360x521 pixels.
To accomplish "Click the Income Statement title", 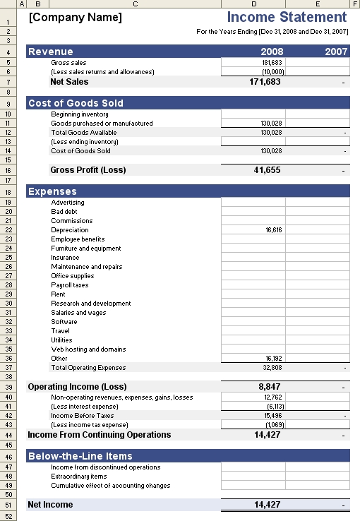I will click(x=287, y=17).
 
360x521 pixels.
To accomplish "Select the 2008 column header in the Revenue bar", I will click(x=272, y=52).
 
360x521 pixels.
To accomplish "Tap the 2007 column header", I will click(x=336, y=52).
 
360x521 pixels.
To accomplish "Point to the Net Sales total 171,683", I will click(x=266, y=82).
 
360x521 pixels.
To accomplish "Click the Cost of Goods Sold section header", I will click(x=76, y=103).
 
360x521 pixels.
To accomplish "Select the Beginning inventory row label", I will click(x=80, y=114).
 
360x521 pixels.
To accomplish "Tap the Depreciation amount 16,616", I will click(x=272, y=230).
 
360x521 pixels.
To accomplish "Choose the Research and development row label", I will click(x=91, y=304).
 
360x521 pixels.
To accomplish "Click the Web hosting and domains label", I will click(x=88, y=349).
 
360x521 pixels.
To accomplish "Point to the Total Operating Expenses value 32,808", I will click(x=272, y=368).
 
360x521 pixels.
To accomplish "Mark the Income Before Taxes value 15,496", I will click(x=272, y=416).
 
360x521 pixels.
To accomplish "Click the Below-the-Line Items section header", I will click(x=80, y=456).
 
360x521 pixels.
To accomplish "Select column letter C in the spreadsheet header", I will click(x=135, y=4).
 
